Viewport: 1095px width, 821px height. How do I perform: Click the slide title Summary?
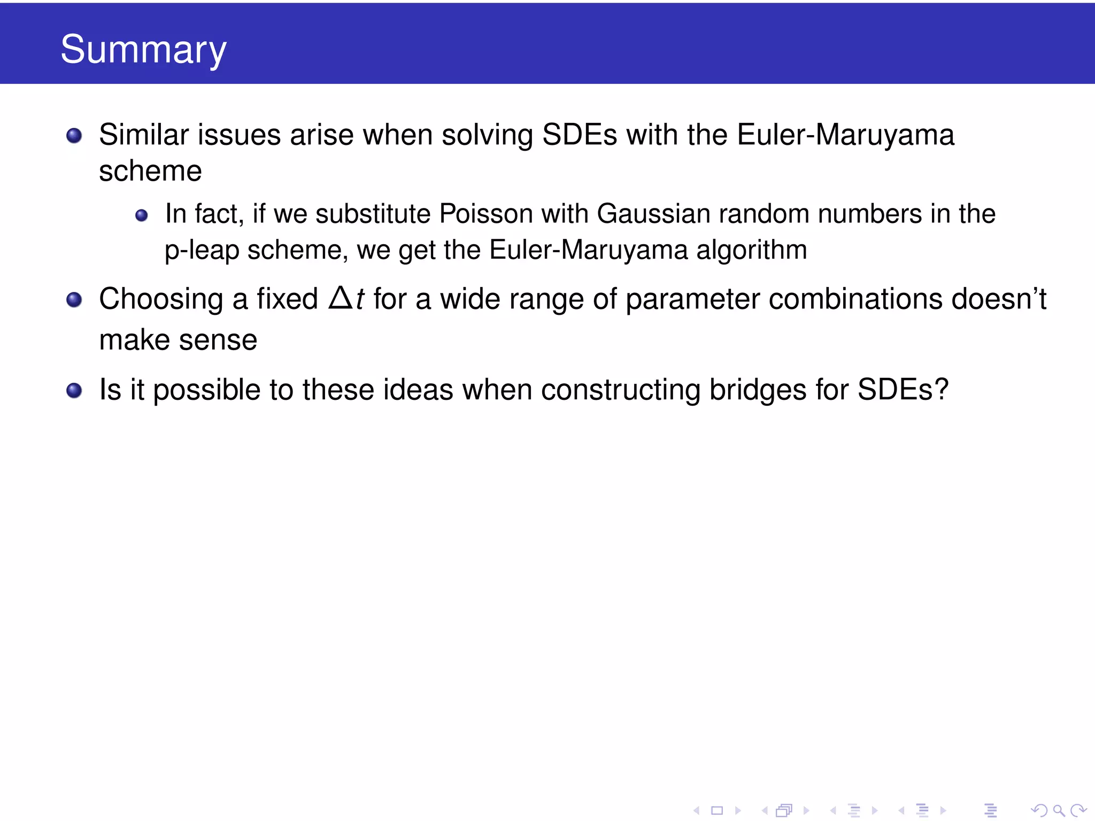pos(143,49)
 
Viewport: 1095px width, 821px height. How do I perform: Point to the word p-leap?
pos(202,250)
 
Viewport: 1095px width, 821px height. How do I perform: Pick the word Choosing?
pos(161,299)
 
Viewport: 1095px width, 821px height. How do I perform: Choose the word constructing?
pos(621,390)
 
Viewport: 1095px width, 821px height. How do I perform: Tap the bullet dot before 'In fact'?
pos(141,215)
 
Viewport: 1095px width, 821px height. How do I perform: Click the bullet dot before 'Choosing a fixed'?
pos(74,300)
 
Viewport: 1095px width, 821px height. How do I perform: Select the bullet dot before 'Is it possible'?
pos(74,391)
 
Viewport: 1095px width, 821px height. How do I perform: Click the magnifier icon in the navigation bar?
pos(1058,810)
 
